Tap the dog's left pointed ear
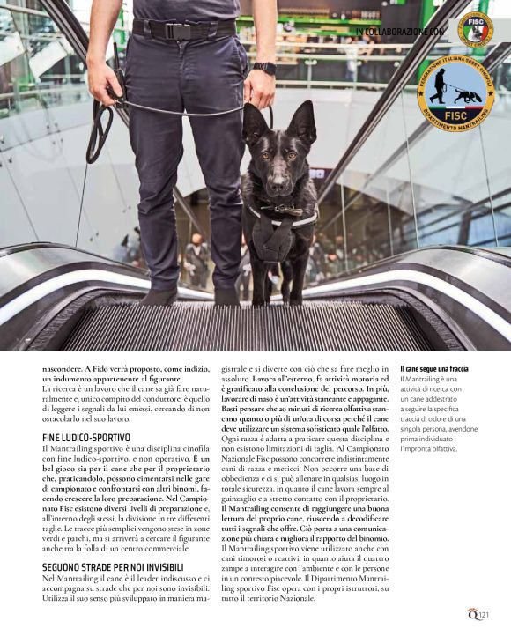coord(251,122)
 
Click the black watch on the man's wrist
coord(263,68)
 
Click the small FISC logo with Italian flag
coord(476,29)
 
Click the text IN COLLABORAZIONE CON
coord(401,32)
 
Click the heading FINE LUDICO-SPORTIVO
coord(86,437)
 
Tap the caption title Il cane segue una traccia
coord(434,368)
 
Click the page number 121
coord(485,616)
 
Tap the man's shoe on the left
coord(161,294)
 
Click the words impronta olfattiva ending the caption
coord(429,449)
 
